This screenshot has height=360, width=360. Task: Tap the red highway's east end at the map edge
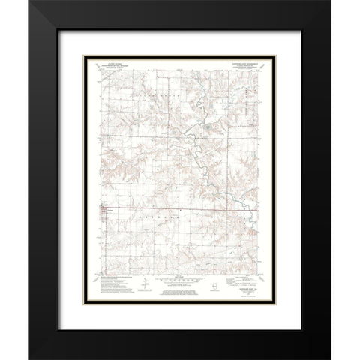click(260, 210)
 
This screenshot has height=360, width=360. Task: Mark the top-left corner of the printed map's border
click(98, 70)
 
